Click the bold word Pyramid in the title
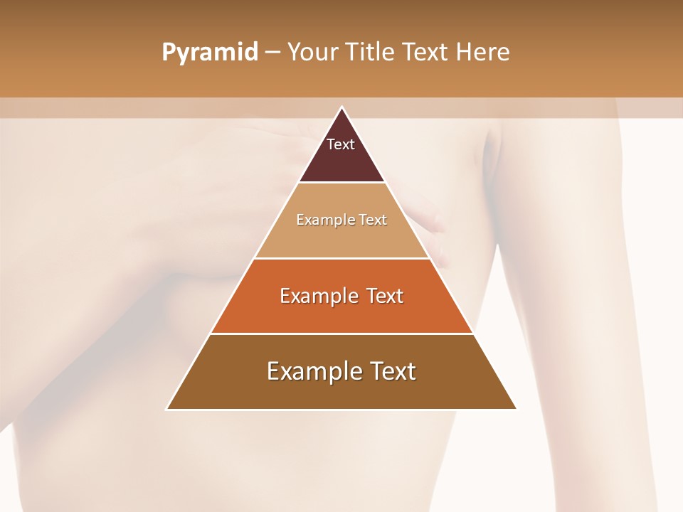tap(209, 53)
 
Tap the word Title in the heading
tap(371, 53)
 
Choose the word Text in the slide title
tap(425, 53)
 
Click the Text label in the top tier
tap(341, 144)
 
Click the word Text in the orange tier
tap(385, 296)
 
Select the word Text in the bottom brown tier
tap(392, 371)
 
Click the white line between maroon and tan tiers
tap(341, 183)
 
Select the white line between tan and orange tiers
tap(341, 258)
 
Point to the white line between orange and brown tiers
tap(341, 334)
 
